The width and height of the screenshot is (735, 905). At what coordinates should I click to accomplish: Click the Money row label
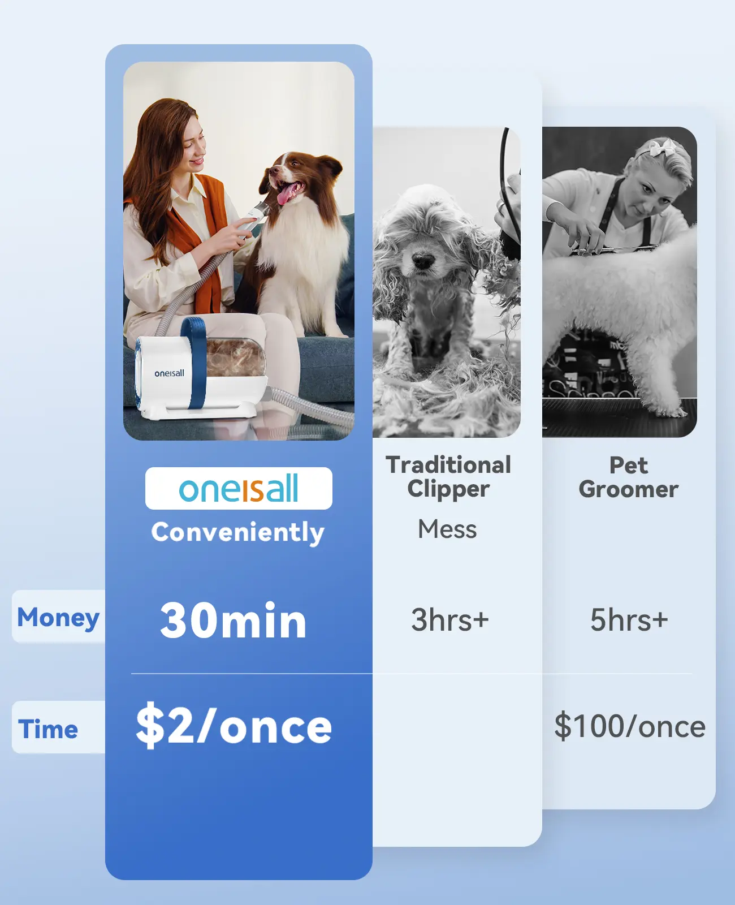click(58, 618)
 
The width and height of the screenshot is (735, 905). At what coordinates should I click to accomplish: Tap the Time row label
click(48, 729)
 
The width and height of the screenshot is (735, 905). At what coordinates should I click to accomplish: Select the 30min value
click(233, 620)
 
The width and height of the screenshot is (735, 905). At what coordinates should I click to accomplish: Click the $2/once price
click(234, 726)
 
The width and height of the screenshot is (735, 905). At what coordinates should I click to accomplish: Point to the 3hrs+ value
click(449, 619)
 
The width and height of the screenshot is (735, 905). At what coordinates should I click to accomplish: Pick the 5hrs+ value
click(629, 619)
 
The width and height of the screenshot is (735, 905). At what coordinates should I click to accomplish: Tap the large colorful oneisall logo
click(238, 488)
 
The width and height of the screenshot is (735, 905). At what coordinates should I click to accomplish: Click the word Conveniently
click(238, 532)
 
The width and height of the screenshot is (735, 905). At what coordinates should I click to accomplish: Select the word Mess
click(447, 529)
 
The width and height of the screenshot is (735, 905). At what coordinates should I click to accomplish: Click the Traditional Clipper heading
click(448, 477)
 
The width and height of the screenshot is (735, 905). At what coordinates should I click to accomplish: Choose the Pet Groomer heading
click(628, 477)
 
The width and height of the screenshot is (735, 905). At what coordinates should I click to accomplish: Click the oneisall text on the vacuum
click(169, 373)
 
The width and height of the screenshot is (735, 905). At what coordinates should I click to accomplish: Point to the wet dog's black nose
click(423, 260)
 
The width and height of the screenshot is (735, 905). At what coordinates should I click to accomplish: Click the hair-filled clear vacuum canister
click(235, 356)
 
